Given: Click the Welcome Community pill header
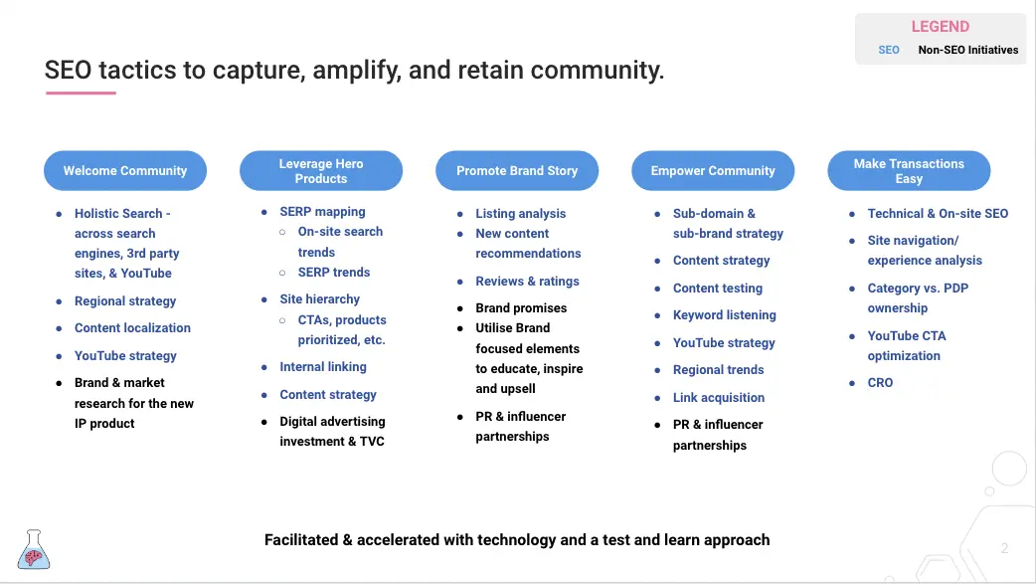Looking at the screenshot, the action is [x=125, y=171].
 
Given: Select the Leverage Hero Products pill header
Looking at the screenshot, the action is [x=321, y=171].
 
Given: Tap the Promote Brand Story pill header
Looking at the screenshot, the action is [x=517, y=171].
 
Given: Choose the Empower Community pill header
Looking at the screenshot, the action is [x=713, y=171].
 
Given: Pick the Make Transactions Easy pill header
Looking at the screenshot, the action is [x=909, y=171].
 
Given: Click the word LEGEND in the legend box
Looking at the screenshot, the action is [x=941, y=27].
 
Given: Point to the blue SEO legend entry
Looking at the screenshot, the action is [x=889, y=50].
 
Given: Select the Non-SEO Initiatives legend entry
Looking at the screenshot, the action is [x=968, y=50].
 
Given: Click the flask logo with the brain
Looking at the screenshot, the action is [x=34, y=549].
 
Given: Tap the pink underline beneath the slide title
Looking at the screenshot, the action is [x=81, y=94].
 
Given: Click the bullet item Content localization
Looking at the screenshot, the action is [x=132, y=328].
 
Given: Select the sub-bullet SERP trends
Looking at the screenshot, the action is [x=334, y=273].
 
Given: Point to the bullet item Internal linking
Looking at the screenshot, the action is [x=322, y=367].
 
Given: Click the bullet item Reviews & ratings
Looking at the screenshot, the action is [x=527, y=282].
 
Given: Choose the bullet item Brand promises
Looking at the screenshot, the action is [x=521, y=308].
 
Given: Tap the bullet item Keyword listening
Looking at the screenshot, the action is [x=724, y=315].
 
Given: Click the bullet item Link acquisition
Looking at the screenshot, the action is [x=718, y=398].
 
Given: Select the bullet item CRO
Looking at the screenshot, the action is [x=880, y=383].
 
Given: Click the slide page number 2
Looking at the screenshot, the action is [x=1004, y=548].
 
